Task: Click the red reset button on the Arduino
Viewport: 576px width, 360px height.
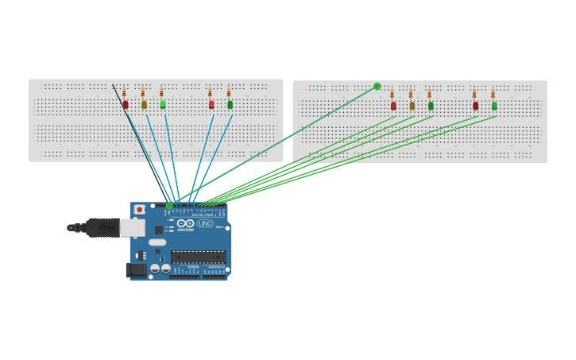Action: pos(140,210)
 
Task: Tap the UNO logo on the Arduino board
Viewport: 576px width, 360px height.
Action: pos(205,224)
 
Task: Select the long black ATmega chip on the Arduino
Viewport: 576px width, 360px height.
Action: pos(198,257)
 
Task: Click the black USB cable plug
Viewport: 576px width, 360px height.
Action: pos(101,228)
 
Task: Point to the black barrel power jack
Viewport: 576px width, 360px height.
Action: pos(135,270)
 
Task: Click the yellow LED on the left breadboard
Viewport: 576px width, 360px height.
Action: pos(144,104)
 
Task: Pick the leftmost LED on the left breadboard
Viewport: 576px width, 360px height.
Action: pos(125,104)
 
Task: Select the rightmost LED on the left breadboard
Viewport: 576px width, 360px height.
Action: pos(230,104)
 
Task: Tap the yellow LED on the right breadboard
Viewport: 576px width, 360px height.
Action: pos(412,106)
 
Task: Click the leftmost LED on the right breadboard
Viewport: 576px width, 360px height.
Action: pos(393,106)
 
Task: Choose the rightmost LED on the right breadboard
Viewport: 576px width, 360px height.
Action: pos(494,106)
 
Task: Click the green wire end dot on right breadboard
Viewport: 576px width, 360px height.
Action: pos(377,87)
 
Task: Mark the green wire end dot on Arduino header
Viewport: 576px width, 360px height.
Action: pos(169,206)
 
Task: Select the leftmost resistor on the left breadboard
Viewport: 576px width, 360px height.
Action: pos(124,92)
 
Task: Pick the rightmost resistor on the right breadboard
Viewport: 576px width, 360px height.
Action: pos(493,94)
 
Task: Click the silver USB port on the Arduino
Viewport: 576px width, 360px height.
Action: pos(133,228)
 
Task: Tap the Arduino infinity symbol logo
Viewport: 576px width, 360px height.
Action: pos(186,224)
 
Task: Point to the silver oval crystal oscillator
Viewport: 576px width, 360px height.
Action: pos(158,242)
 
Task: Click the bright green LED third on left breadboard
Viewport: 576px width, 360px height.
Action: pos(163,104)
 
